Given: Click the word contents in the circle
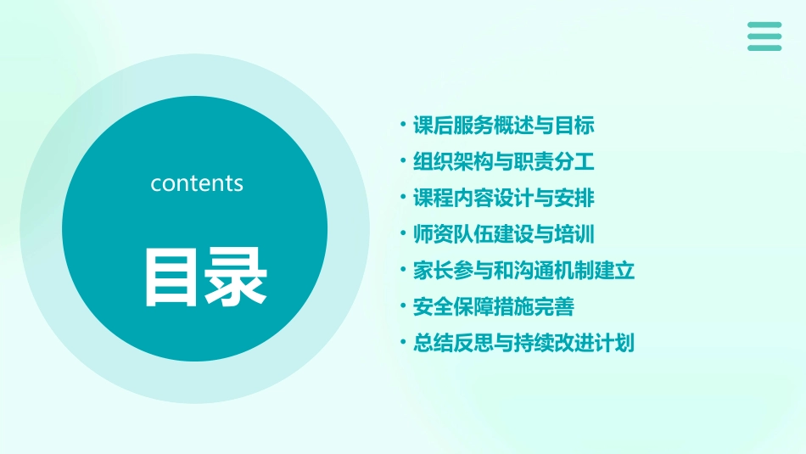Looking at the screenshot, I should tap(197, 183).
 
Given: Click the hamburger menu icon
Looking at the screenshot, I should tap(764, 36).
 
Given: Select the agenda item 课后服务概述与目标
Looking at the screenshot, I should tap(503, 126).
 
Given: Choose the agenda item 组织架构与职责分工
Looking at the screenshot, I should tap(503, 162).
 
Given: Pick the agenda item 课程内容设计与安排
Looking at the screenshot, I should tap(503, 199).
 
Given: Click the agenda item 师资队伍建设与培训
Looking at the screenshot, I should tap(503, 234).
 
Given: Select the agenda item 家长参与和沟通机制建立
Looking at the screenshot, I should tap(523, 272).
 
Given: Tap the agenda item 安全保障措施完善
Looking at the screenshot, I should tap(493, 307).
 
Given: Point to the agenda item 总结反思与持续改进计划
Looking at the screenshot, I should tap(523, 344).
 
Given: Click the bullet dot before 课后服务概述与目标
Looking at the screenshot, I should tap(403, 126).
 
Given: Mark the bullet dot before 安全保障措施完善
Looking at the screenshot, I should tap(403, 306).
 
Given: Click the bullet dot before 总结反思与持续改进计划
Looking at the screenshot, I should tap(403, 343).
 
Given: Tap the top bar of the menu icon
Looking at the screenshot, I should tap(764, 25).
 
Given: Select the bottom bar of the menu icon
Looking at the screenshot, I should tap(764, 48).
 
